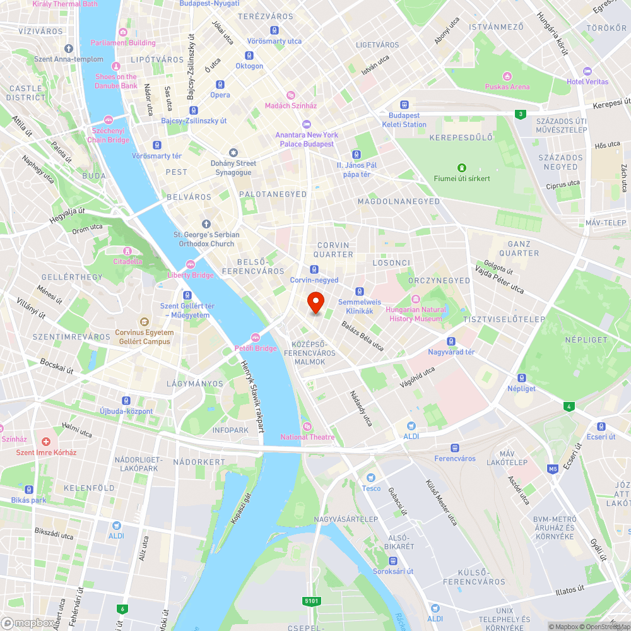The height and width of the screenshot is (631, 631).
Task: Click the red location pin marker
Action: pyautogui.click(x=315, y=302)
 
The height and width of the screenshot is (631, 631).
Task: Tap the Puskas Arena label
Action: pyautogui.click(x=507, y=86)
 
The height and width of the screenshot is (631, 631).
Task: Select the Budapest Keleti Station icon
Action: pyautogui.click(x=404, y=105)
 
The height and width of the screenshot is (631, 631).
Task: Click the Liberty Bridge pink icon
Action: pyautogui.click(x=190, y=264)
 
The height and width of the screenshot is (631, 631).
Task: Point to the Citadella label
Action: pyautogui.click(x=128, y=261)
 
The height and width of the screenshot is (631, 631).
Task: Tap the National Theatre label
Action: pyautogui.click(x=307, y=437)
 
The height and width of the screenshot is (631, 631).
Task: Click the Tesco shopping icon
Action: pyautogui.click(x=371, y=478)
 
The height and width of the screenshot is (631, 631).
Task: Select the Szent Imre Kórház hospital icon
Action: pyautogui.click(x=46, y=442)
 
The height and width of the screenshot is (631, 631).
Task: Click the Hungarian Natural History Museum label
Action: pyautogui.click(x=415, y=314)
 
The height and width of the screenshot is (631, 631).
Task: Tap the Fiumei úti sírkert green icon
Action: pyautogui.click(x=462, y=168)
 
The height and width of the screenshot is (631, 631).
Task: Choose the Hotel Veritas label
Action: pyautogui.click(x=587, y=81)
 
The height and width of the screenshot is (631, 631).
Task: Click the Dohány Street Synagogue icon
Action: pyautogui.click(x=233, y=153)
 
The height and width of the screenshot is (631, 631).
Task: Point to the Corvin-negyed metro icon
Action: pyautogui.click(x=314, y=269)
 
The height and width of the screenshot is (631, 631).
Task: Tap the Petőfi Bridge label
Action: pyautogui.click(x=257, y=348)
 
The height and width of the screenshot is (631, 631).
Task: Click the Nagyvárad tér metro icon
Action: pyautogui.click(x=451, y=341)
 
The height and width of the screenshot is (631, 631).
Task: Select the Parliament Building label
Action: pyautogui.click(x=123, y=42)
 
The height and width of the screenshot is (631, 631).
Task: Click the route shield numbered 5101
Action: pyautogui.click(x=311, y=601)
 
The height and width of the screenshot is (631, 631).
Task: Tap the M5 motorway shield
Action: pyautogui.click(x=553, y=469)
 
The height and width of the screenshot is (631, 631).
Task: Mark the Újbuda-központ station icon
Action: pyautogui.click(x=126, y=401)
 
